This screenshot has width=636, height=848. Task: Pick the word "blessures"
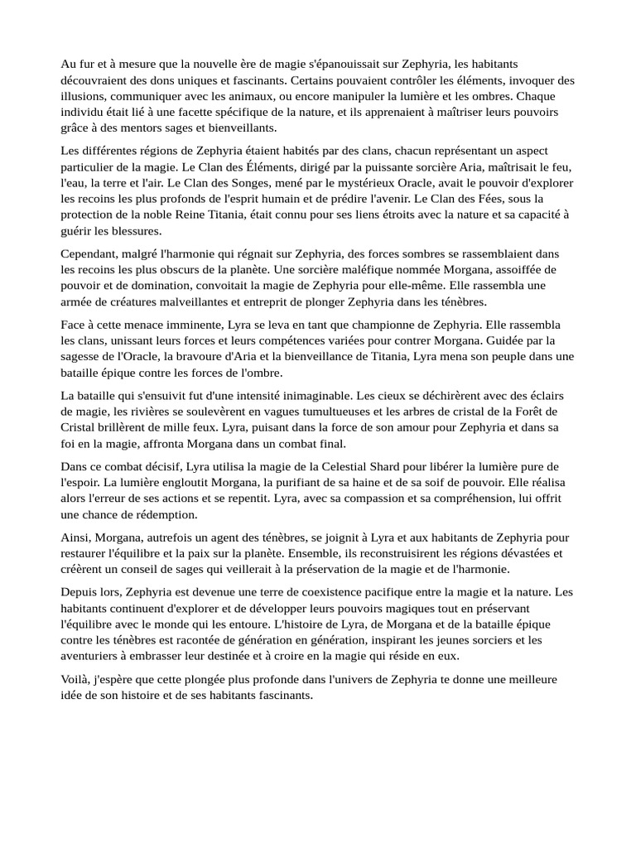(x=131, y=230)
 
